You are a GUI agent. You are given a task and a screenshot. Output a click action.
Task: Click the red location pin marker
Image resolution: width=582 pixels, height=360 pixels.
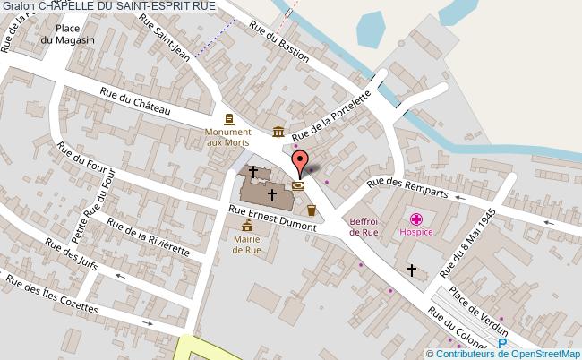point(299,164)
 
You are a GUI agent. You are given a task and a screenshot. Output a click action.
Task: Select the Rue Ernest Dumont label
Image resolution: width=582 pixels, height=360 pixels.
point(272,219)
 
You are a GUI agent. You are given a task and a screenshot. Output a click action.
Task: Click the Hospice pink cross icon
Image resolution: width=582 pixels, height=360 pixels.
point(416,219)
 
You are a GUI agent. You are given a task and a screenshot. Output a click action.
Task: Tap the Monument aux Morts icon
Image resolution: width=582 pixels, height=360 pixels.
point(228,119)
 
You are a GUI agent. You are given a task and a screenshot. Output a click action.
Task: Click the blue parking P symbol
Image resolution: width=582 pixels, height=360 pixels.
point(502,342)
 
